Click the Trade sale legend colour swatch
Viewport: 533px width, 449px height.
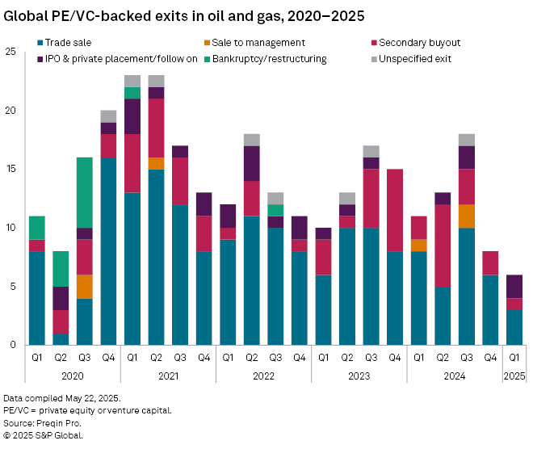(x=40, y=43)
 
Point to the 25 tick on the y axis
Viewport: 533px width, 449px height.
(x=10, y=52)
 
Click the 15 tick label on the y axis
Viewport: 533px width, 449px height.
(x=10, y=170)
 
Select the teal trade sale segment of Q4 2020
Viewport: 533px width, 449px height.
(x=108, y=251)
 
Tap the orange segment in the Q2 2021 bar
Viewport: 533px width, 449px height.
(x=156, y=163)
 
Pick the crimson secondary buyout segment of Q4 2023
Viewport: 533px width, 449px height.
(x=395, y=210)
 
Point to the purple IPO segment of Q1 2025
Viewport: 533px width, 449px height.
(x=514, y=286)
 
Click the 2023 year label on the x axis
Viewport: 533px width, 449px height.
(x=359, y=376)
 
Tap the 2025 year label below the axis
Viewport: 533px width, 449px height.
(x=514, y=376)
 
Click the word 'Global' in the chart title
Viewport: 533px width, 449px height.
(x=24, y=15)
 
